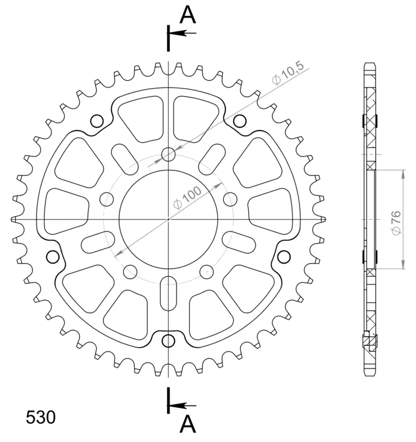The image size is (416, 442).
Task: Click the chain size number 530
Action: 41,418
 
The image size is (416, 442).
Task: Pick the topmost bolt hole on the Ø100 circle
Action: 168,154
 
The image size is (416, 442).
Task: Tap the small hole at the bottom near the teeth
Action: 168,340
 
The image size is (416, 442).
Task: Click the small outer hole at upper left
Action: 97,120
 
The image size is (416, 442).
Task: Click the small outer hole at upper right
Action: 240,120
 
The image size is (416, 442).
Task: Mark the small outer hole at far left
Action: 53,257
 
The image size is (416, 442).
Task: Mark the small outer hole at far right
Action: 284,257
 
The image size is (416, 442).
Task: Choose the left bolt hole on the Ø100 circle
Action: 106,199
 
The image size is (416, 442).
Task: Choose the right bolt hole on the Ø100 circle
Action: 230,199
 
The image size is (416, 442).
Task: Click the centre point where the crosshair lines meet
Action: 168,219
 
